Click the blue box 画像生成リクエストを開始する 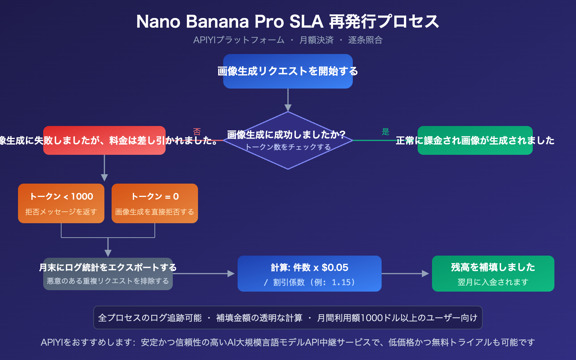(288, 71)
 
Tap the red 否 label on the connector (197, 132)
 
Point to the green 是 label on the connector (386, 132)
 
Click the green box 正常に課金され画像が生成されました (475, 140)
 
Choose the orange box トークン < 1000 (61, 203)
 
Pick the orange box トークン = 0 (155, 203)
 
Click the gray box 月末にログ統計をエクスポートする (108, 274)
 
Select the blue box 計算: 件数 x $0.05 (309, 274)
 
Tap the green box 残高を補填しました (493, 274)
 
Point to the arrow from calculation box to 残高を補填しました (405, 274)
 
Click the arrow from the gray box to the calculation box (203, 274)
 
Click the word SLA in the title (306, 22)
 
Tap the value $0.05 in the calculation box (335, 267)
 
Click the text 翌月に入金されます (493, 282)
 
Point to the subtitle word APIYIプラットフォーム (239, 40)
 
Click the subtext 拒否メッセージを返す (61, 212)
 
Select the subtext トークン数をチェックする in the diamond (288, 147)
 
